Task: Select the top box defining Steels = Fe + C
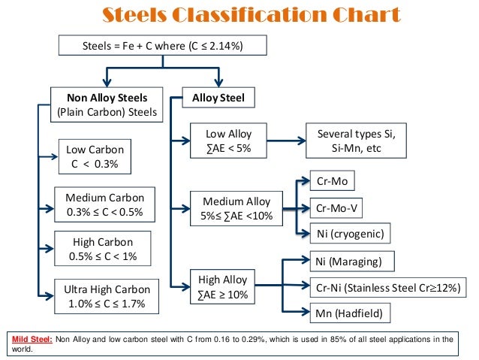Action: click(x=162, y=47)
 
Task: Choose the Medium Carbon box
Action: click(x=105, y=205)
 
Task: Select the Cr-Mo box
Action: click(x=331, y=182)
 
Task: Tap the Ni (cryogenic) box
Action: click(x=350, y=234)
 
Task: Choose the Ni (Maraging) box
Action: click(x=351, y=262)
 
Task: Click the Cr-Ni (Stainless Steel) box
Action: click(x=387, y=288)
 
